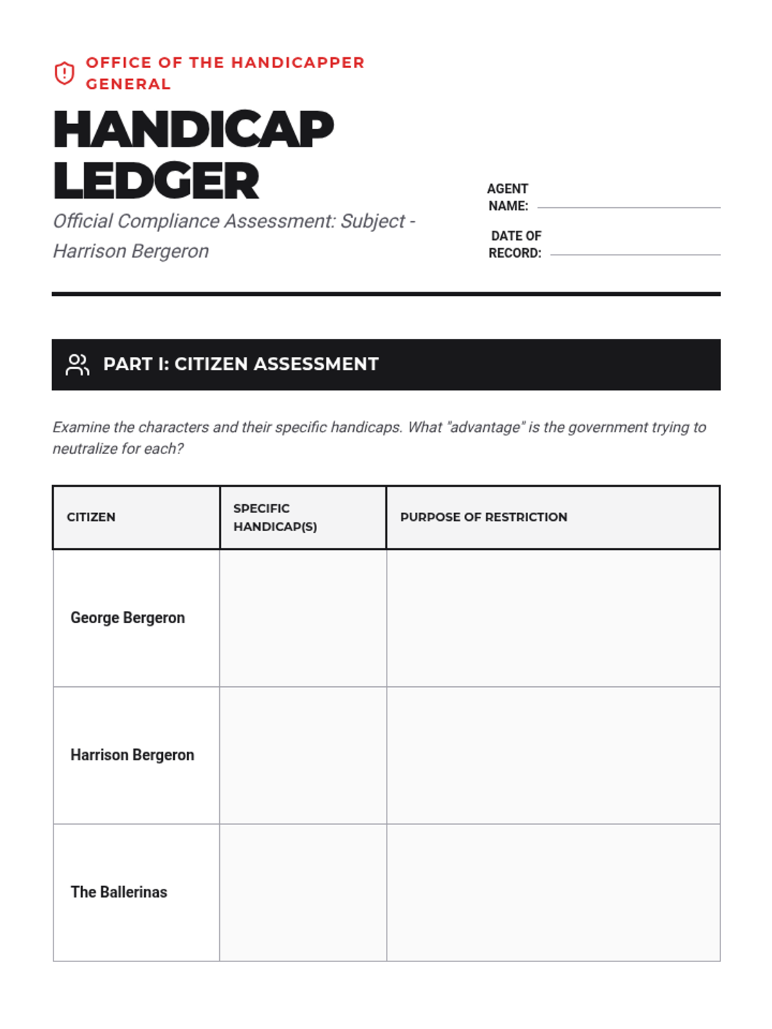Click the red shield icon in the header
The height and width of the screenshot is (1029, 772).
coord(64,73)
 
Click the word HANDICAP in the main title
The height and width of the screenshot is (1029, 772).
coord(193,130)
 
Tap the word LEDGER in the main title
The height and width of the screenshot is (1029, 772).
coord(156,181)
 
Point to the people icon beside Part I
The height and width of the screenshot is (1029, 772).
coord(77,365)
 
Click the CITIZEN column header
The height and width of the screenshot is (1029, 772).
coord(91,517)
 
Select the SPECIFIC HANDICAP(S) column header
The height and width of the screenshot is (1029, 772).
coord(275,517)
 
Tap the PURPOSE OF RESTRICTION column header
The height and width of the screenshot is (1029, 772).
coord(484,517)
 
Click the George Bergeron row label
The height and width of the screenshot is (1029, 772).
coord(127,618)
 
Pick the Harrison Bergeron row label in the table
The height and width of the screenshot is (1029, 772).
coord(132,755)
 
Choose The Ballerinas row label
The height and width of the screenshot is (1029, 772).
coord(119,892)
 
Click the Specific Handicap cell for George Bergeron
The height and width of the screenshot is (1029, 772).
coord(303,618)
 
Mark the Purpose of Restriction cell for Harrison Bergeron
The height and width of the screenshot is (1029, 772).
coord(553,755)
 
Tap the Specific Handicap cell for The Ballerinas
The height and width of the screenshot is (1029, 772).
coord(303,892)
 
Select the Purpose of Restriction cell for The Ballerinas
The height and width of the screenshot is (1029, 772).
coord(553,892)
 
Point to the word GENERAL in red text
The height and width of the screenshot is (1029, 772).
coord(128,84)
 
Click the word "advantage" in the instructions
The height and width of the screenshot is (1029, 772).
coord(484,428)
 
